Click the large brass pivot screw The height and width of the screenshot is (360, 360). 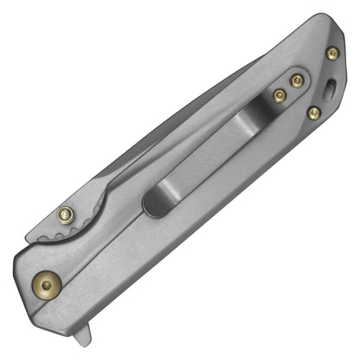tap(46, 283)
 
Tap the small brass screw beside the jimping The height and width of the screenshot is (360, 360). tap(65, 215)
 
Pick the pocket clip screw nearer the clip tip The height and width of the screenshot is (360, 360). tap(279, 95)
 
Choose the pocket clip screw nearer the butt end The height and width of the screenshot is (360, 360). tap(297, 81)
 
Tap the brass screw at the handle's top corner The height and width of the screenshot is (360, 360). tap(332, 54)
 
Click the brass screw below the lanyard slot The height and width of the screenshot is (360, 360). tap(314, 112)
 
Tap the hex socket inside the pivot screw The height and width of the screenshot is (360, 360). tap(46, 283)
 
